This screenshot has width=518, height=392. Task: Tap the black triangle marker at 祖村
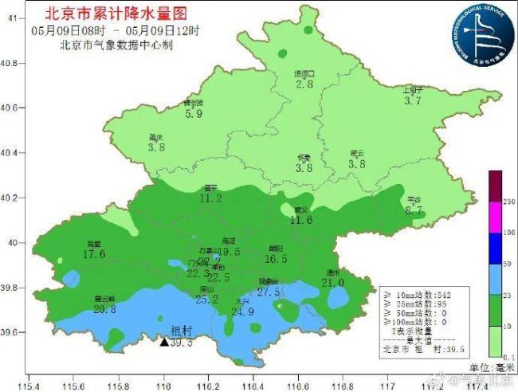[x=164, y=342]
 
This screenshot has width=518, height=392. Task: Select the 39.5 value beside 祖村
[x=182, y=343]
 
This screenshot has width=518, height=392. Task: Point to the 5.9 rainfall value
[x=194, y=114]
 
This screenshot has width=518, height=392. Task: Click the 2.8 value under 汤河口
[x=304, y=84]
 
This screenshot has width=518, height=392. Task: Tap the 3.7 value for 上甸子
[x=412, y=101]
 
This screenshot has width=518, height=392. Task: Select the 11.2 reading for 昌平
[x=210, y=198]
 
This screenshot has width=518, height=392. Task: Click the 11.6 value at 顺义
[x=301, y=220]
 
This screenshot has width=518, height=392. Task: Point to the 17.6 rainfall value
[x=94, y=254]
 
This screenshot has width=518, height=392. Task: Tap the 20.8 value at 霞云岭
[x=105, y=309]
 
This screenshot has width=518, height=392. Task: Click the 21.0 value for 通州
[x=332, y=282]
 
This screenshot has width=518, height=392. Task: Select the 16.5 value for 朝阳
[x=276, y=259]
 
